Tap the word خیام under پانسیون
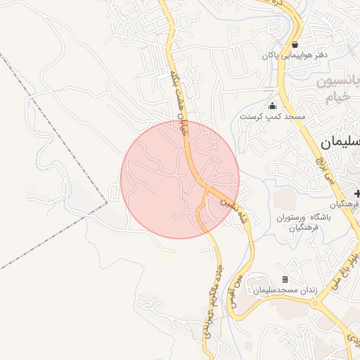(x=338, y=99)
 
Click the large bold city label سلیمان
(x=341, y=142)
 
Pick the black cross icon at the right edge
(x=357, y=193)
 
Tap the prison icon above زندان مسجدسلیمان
(x=285, y=280)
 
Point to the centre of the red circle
(x=180, y=179)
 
